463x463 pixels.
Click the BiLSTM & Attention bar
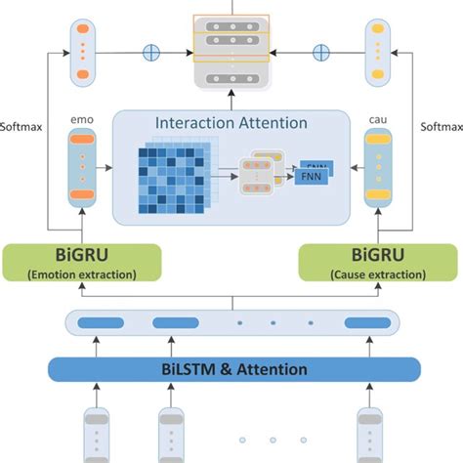coord(231,369)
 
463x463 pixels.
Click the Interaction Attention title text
coord(231,123)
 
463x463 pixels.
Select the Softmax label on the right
coord(441,126)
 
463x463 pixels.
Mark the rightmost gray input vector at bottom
coord(367,436)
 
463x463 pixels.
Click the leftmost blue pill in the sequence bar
coord(96,321)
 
